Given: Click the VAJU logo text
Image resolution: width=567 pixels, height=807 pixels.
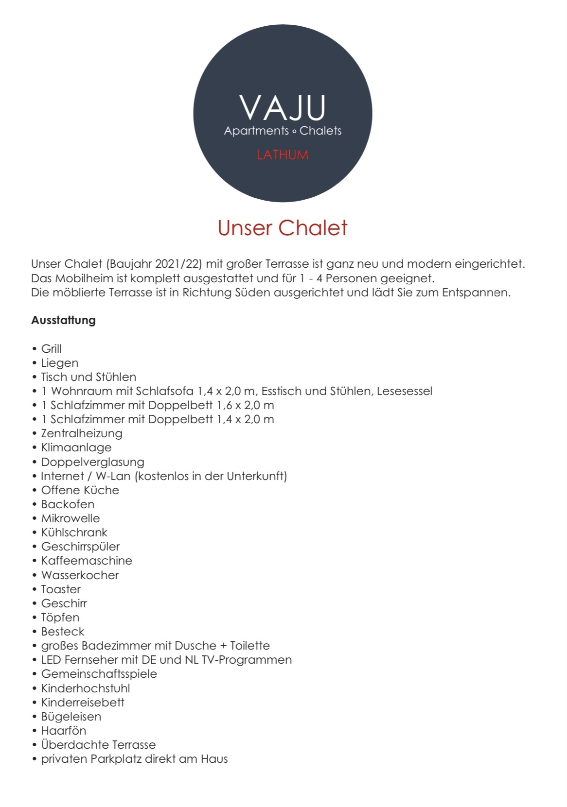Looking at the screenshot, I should coord(283,108).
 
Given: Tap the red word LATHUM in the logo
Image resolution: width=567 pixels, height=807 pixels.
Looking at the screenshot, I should coord(283,155).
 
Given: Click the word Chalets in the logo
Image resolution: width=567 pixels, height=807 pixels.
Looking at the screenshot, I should coord(320,131).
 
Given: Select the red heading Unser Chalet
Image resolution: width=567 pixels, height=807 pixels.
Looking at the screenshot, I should coord(283,228).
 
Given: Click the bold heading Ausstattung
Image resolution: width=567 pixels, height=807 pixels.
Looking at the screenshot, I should coord(63,320).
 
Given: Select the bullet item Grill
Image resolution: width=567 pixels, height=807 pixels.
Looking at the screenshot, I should coord(51,349).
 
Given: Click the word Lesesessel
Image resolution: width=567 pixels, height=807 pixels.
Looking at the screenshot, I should coord(405,391).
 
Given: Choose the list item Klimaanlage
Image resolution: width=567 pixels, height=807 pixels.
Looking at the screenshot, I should coord(76,447).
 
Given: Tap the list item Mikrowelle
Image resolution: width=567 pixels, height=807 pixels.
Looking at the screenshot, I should coord(71,518).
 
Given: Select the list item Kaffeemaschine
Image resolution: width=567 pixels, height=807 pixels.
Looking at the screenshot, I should coord(87,561).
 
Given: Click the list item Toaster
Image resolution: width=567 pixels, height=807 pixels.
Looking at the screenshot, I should coord(61,589).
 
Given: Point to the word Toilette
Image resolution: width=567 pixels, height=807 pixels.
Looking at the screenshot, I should coord(250,646).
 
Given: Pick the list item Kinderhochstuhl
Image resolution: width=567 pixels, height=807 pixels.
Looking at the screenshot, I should coord(86,688).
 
